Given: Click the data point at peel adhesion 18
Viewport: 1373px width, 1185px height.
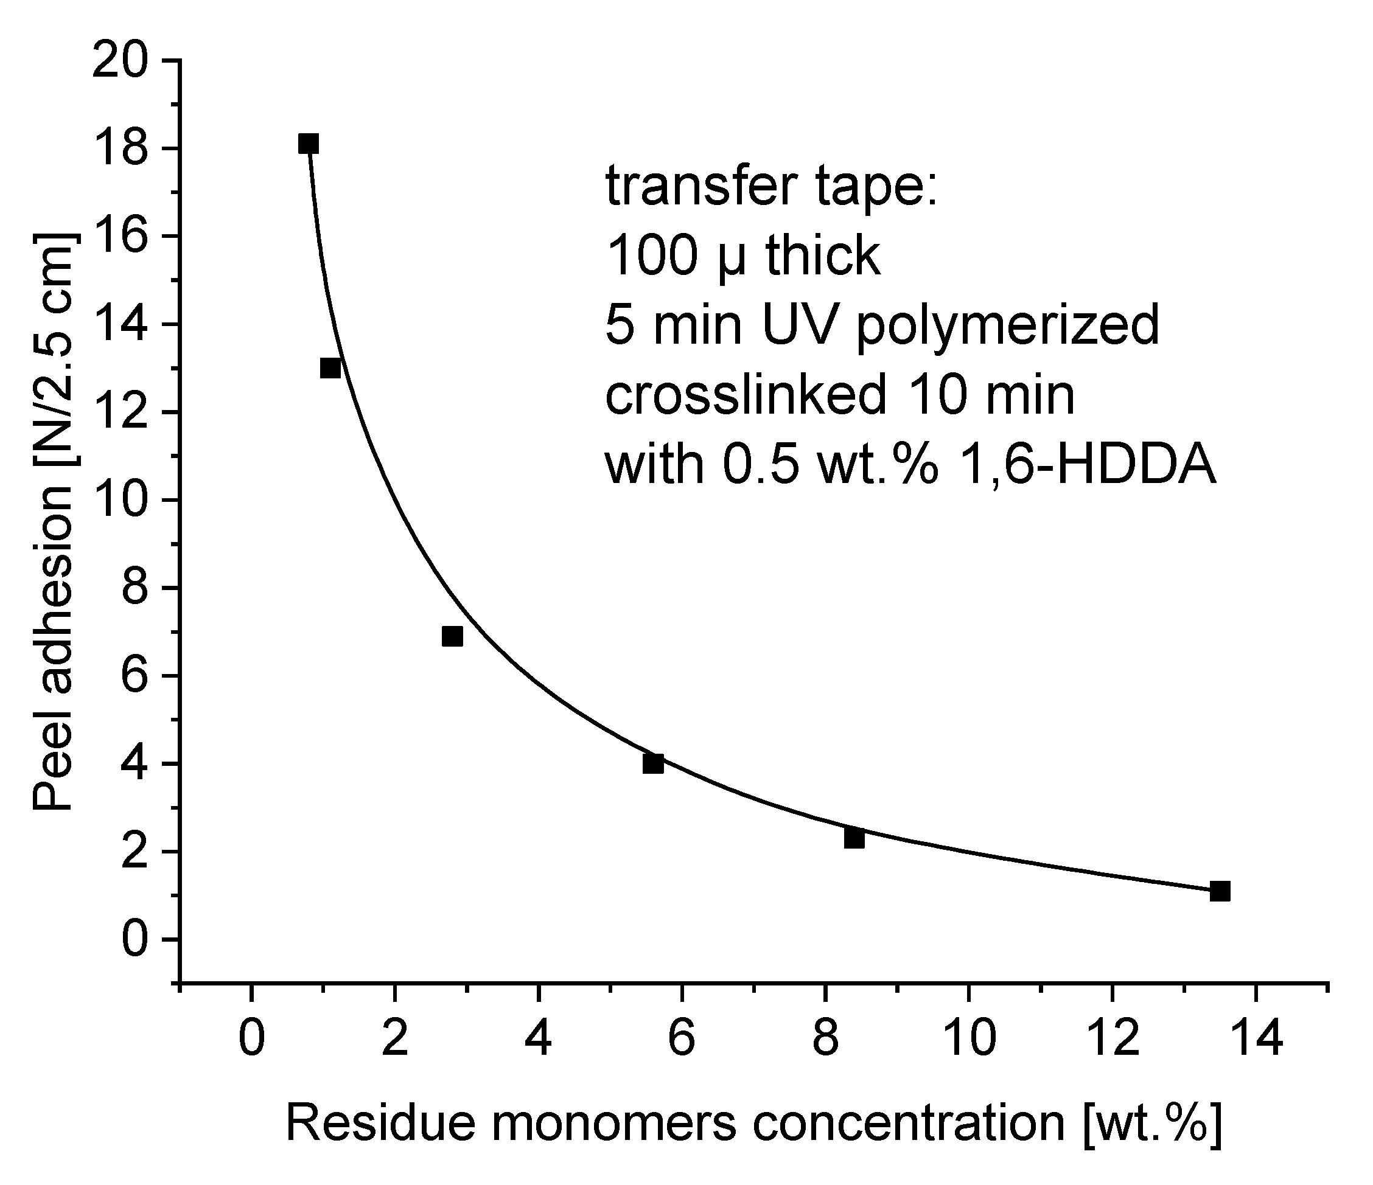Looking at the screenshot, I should pyautogui.click(x=308, y=144).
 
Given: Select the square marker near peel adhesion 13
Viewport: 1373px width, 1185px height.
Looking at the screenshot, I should pyautogui.click(x=330, y=368).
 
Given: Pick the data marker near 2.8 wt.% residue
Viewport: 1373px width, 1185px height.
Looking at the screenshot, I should pyautogui.click(x=452, y=636).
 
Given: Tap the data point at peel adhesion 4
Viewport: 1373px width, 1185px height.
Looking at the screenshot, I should pyautogui.click(x=652, y=763).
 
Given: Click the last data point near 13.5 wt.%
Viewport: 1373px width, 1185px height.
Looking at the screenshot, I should pyautogui.click(x=1220, y=892).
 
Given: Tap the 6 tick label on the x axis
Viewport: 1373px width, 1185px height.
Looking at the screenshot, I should pyautogui.click(x=681, y=1038).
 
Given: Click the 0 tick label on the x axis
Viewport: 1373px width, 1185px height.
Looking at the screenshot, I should pyautogui.click(x=251, y=1038).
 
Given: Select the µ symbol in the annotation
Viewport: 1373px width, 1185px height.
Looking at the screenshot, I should pyautogui.click(x=732, y=259).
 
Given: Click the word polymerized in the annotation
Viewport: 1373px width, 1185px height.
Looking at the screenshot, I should pyautogui.click(x=1007, y=327).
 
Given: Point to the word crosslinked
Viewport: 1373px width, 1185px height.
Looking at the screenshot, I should pyautogui.click(x=746, y=395).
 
